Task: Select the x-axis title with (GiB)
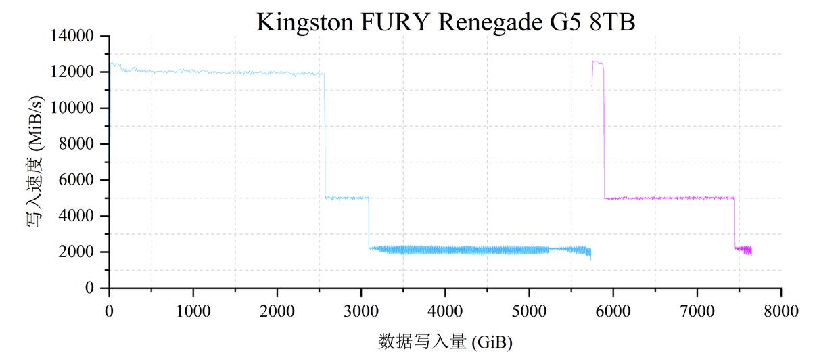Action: coord(444,342)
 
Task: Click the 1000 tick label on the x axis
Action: coord(193,311)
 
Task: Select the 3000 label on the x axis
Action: coord(361,311)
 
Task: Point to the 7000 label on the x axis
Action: coord(697,311)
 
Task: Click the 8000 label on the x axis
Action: coord(781,311)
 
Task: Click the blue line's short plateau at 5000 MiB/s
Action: coord(347,198)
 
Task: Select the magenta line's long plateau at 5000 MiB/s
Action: coord(670,198)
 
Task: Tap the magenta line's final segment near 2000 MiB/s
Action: coord(743,250)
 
